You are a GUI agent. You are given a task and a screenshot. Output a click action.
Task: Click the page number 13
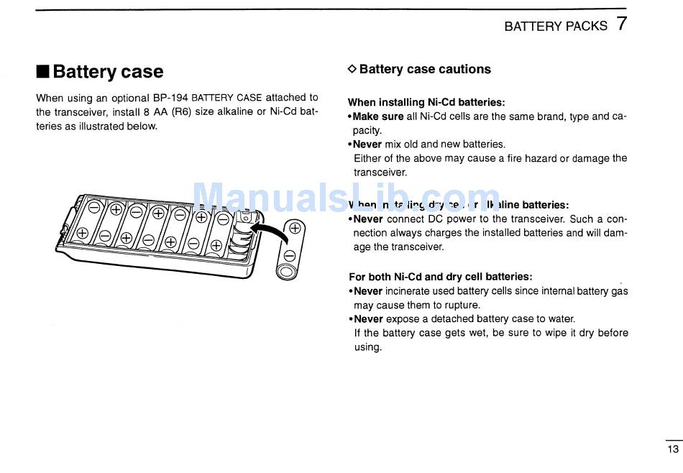672,449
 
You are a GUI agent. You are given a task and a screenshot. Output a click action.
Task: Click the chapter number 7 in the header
622,24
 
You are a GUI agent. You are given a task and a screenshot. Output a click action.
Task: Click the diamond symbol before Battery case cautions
352,69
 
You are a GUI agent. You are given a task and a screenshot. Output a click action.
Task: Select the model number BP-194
170,98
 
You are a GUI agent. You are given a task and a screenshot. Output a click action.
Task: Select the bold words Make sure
378,116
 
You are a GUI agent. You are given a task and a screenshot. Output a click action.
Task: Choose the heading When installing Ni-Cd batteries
426,102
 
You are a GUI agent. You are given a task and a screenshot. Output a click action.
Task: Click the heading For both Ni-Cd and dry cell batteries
440,277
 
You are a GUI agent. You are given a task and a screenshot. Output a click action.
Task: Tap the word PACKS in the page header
587,26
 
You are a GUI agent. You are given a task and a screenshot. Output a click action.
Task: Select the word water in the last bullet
561,318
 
